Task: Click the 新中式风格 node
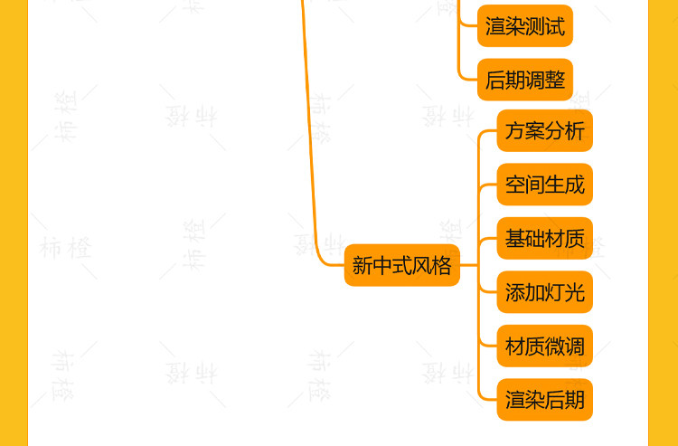coord(401,265)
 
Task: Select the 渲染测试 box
coord(524,26)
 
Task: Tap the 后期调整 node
coord(524,80)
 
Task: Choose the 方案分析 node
coord(544,130)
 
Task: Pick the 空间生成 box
coord(544,185)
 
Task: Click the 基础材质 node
coord(544,239)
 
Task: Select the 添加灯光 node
coord(544,292)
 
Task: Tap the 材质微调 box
coord(544,346)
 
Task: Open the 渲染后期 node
coord(544,400)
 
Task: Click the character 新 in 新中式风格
coord(363,265)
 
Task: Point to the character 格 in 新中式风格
coord(441,265)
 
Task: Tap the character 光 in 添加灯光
coord(574,292)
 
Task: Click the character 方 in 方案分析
coord(515,130)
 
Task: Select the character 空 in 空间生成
coord(515,185)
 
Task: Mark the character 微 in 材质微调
coord(555,346)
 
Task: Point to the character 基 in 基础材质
coord(515,239)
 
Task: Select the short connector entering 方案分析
coord(487,132)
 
